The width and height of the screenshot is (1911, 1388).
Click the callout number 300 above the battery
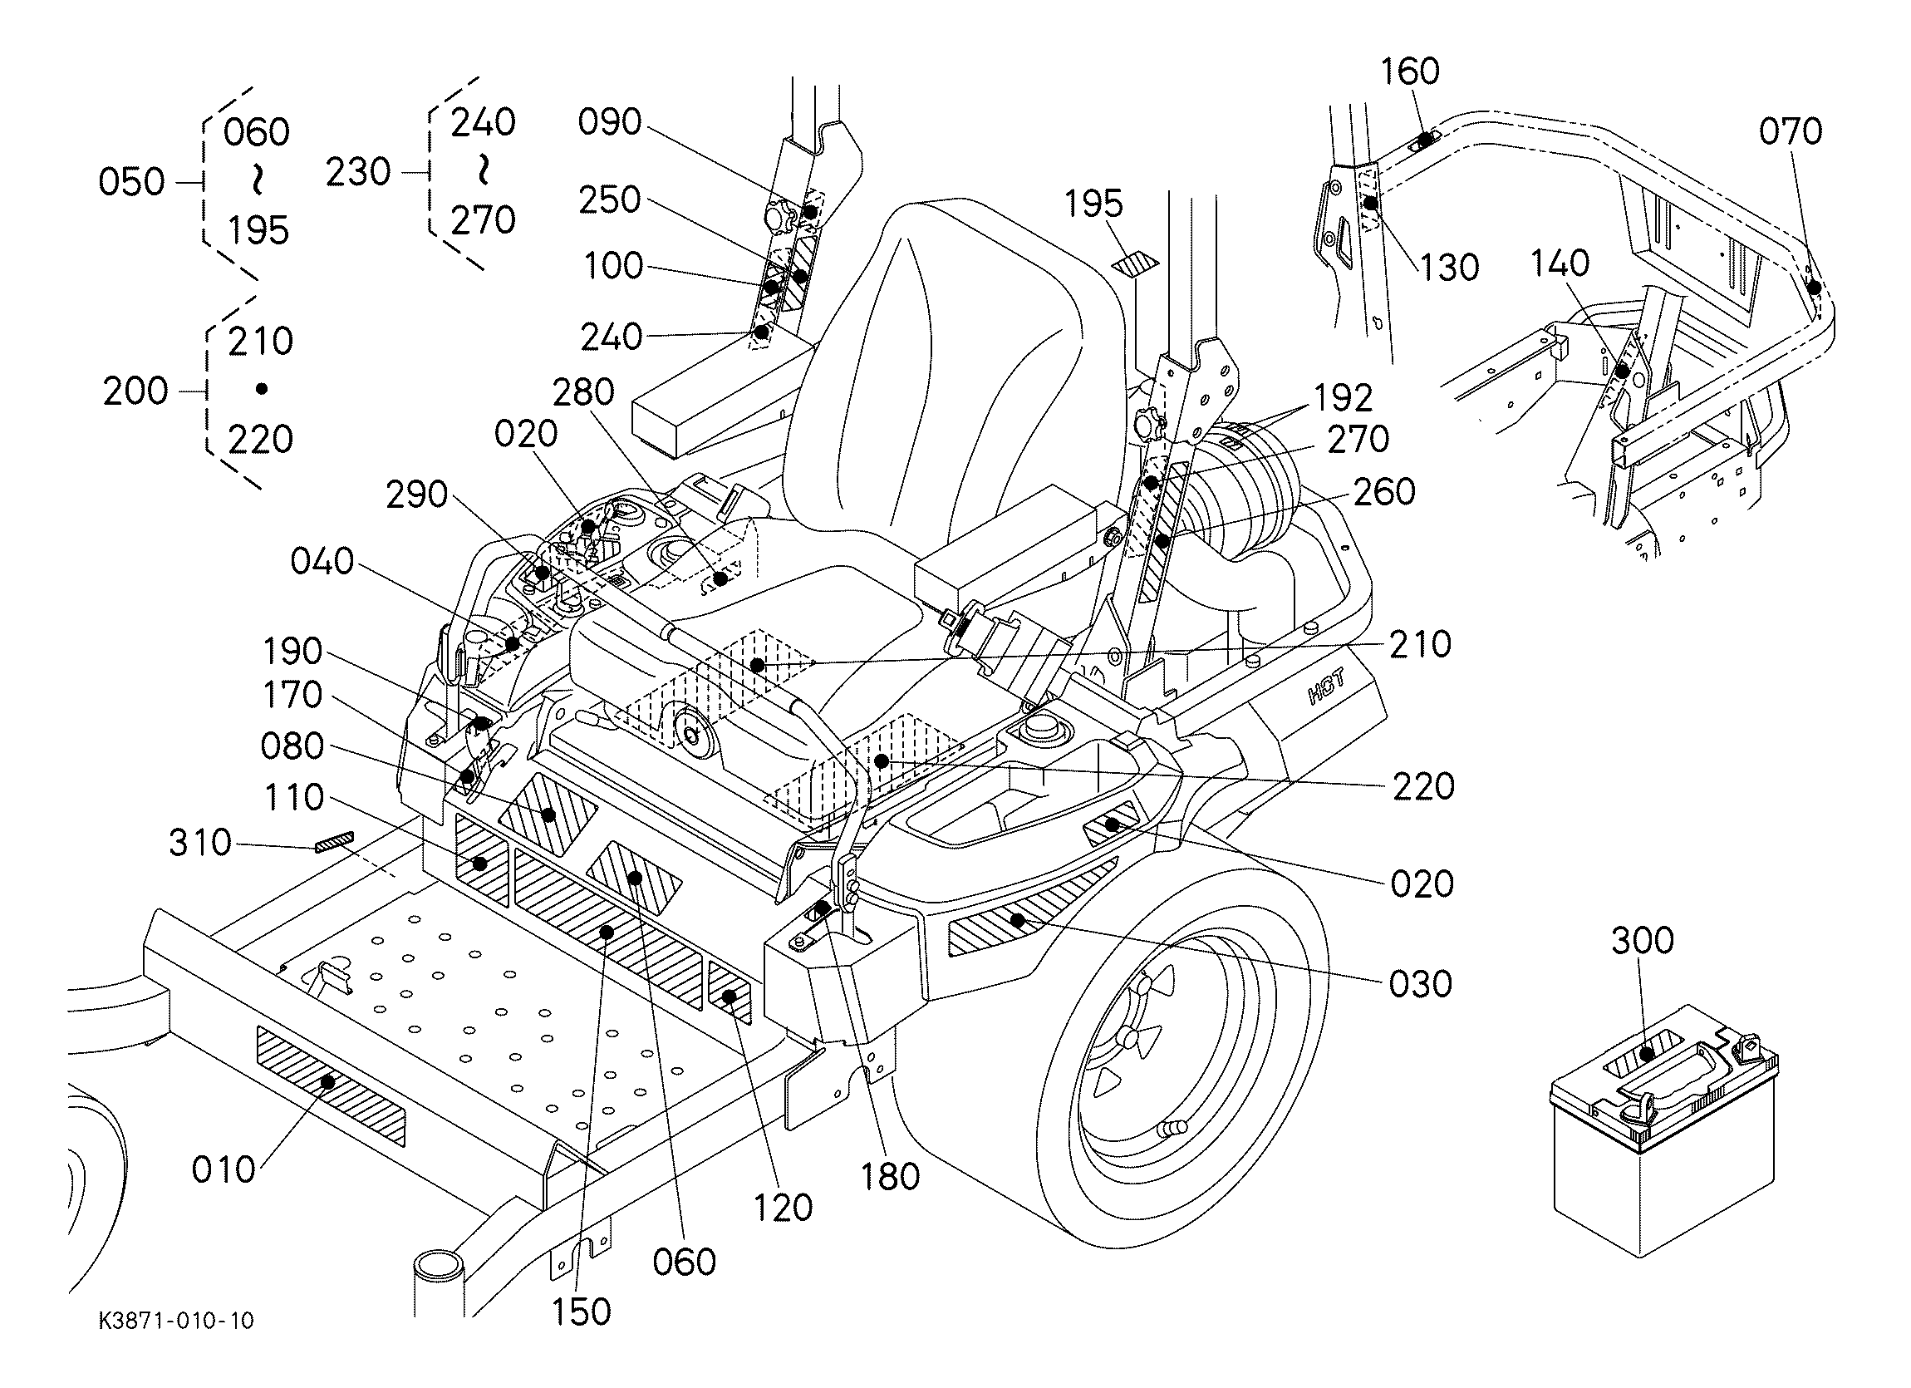point(1642,941)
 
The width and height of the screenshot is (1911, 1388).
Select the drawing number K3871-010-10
point(176,1321)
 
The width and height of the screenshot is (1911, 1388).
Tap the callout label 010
point(224,1169)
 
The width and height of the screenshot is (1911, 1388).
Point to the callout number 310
point(199,843)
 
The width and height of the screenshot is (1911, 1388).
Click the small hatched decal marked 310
point(336,841)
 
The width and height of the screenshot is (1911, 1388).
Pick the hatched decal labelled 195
point(1135,263)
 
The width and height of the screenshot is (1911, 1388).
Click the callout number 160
point(1410,71)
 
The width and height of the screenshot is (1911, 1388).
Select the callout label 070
point(1791,132)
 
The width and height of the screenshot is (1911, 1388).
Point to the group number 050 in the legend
point(131,182)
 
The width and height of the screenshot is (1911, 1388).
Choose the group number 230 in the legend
point(358,173)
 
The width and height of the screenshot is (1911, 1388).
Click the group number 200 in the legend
point(135,391)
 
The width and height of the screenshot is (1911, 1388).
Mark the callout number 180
point(891,1176)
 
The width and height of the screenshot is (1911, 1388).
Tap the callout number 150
point(582,1312)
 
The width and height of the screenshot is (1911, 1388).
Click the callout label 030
point(1421,984)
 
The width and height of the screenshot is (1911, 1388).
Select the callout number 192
point(1343,398)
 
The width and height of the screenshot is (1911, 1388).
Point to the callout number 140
point(1560,263)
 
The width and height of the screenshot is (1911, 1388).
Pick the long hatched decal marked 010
point(331,1085)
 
